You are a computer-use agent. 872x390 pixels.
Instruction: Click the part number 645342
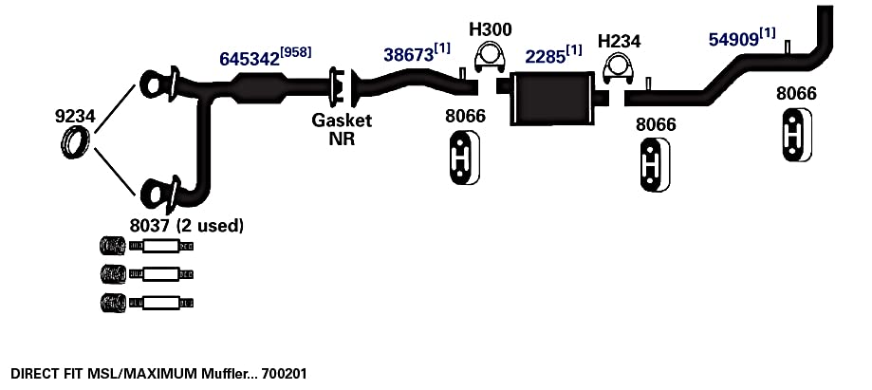click(250, 59)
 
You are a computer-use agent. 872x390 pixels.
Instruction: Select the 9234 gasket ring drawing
click(75, 142)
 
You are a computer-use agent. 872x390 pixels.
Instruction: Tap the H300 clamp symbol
click(489, 57)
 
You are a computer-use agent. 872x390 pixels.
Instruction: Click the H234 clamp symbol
click(619, 69)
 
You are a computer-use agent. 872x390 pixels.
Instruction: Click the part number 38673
click(408, 54)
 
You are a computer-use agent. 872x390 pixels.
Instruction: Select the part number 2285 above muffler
click(545, 56)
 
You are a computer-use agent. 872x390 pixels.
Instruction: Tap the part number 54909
click(733, 39)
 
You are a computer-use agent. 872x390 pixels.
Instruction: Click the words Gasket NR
click(342, 129)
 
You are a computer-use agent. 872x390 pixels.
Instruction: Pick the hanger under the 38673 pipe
click(464, 158)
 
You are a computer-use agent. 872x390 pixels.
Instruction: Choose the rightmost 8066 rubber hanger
click(797, 135)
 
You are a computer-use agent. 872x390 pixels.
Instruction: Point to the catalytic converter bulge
click(259, 89)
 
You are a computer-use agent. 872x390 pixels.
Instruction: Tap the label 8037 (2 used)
click(187, 226)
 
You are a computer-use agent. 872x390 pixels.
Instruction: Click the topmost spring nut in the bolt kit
click(112, 246)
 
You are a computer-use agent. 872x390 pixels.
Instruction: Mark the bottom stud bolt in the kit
click(161, 303)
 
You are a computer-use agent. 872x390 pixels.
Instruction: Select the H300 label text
click(490, 28)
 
